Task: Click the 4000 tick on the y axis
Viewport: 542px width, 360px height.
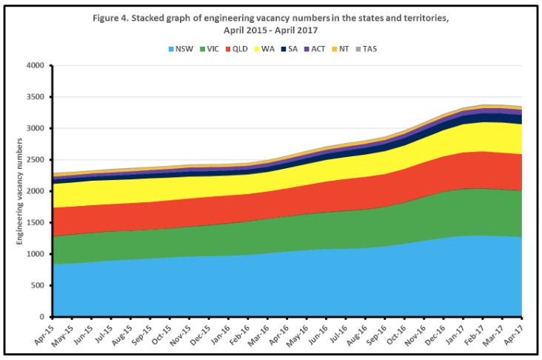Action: click(x=39, y=66)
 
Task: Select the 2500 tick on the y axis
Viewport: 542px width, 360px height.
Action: click(x=39, y=160)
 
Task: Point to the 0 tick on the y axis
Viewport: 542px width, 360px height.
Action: click(x=46, y=317)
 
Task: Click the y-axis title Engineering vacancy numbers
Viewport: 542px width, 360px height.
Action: click(x=19, y=191)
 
